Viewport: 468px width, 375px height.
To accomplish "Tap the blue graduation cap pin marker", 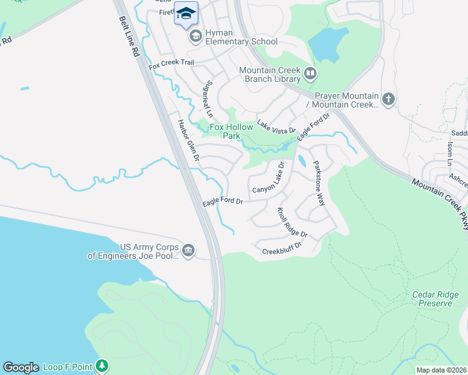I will tap(186, 14).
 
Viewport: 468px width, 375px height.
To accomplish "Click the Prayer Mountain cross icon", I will tap(389, 99).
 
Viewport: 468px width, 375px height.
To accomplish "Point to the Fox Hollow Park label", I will tap(231, 132).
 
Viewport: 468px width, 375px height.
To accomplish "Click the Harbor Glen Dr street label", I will tap(188, 141).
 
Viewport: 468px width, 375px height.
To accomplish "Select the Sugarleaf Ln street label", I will tap(210, 99).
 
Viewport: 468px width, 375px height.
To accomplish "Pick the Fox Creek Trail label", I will tap(171, 63).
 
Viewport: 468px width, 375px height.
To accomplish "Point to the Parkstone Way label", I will tap(319, 182).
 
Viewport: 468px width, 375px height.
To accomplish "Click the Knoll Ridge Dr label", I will tap(292, 222).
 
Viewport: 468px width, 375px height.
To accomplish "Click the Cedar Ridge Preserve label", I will tap(432, 299).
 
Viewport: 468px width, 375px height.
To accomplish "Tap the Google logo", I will tap(21, 367).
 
